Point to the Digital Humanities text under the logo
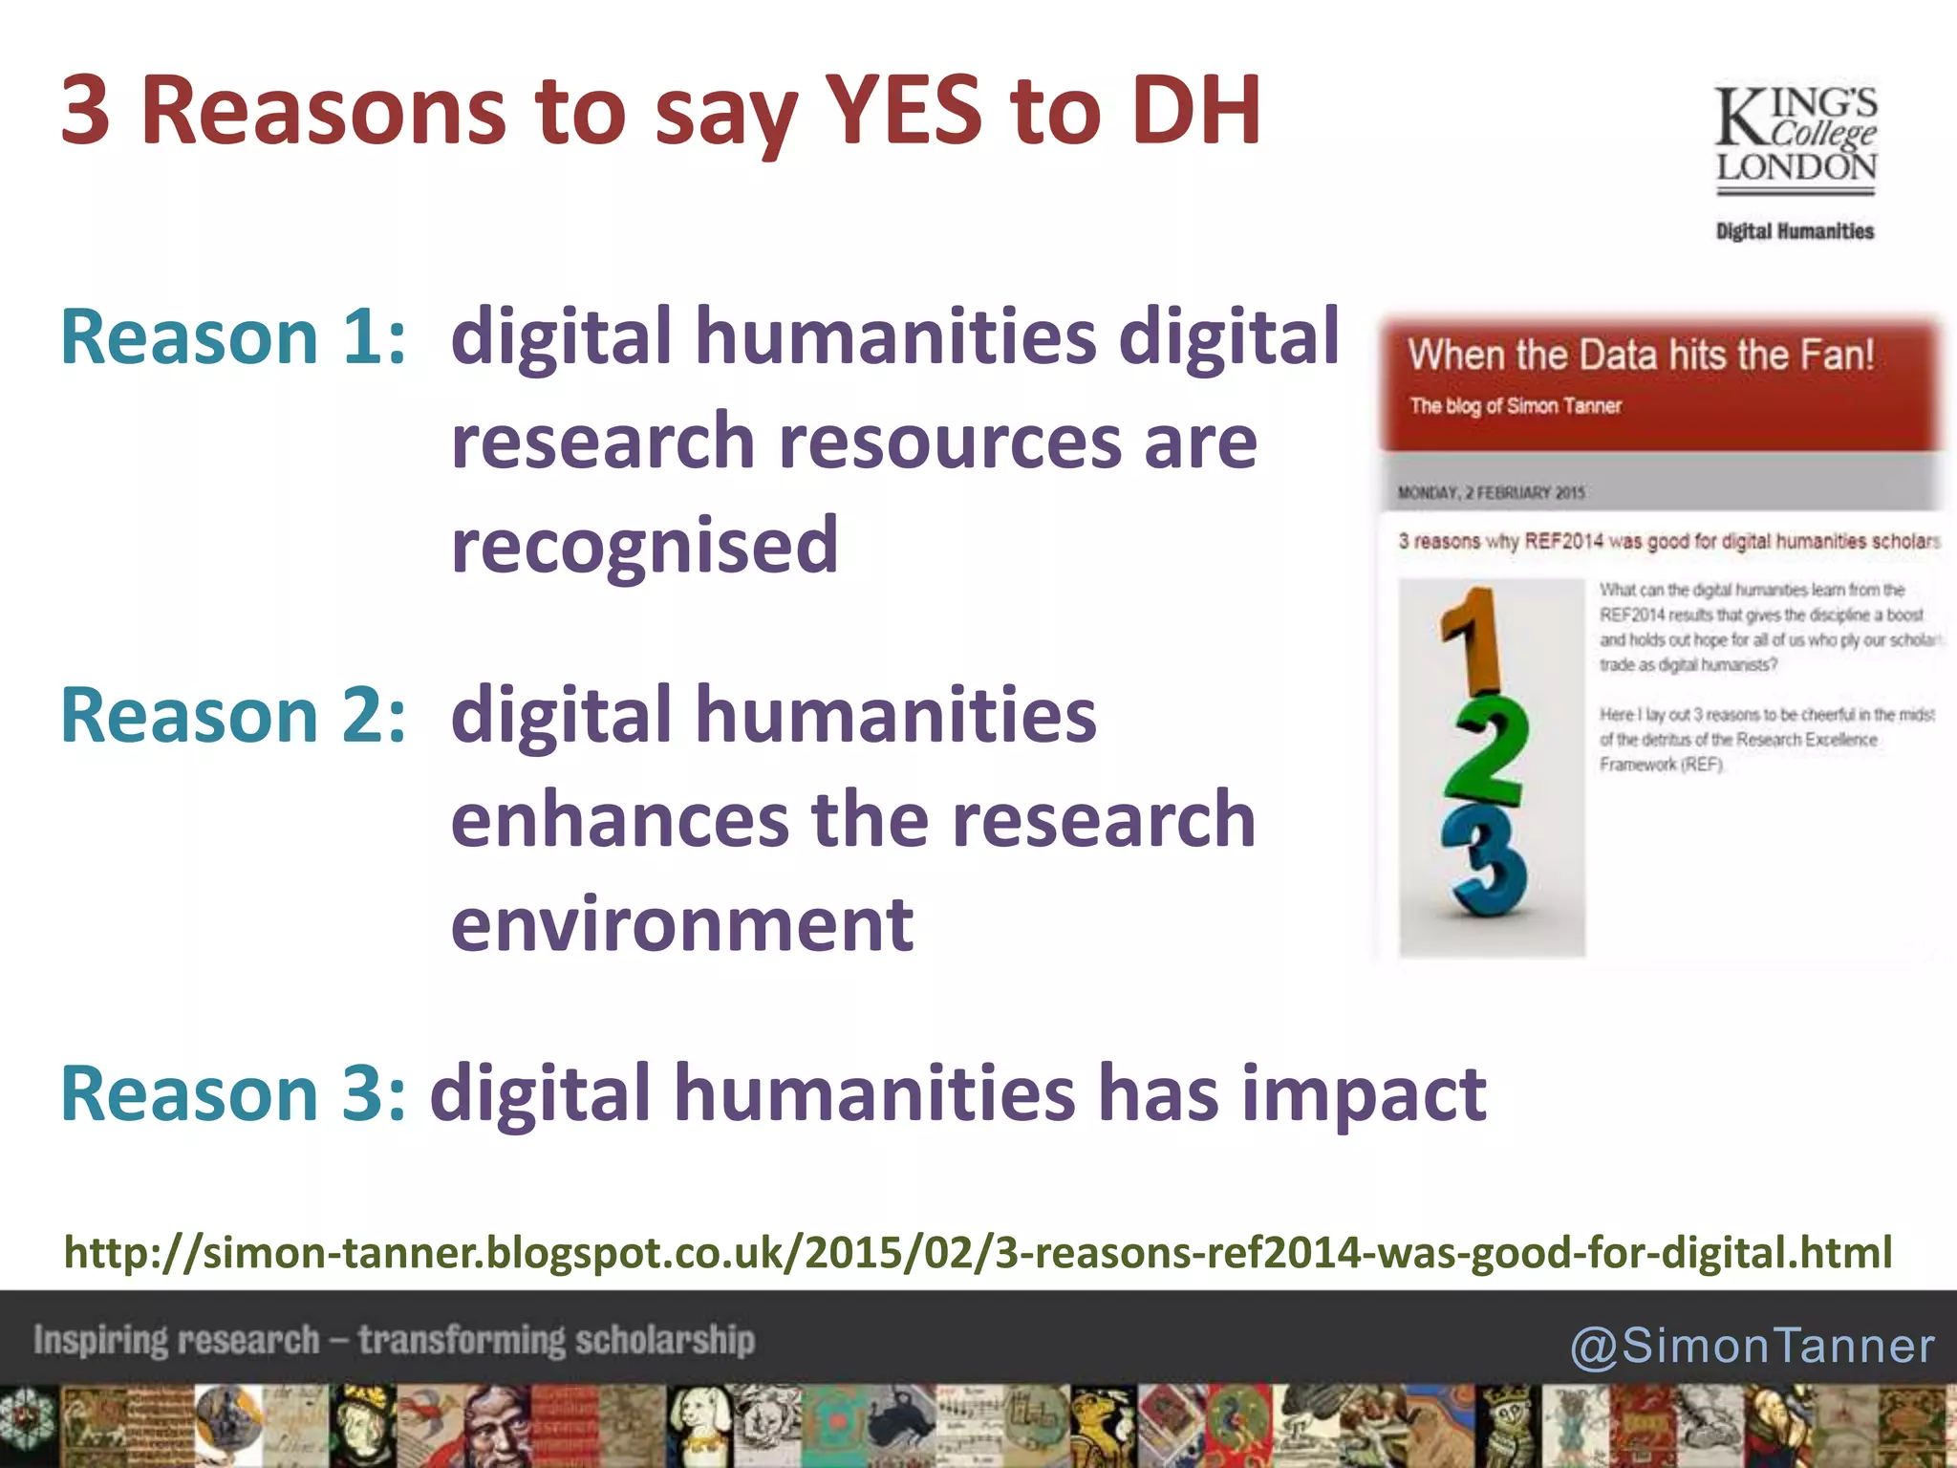(1795, 231)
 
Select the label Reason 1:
(233, 336)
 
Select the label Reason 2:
(233, 715)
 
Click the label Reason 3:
(233, 1093)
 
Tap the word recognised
(645, 545)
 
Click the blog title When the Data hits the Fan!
(1641, 355)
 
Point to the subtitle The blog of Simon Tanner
(1516, 406)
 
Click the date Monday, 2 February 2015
(1491, 493)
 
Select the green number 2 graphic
(1489, 751)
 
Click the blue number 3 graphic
(1487, 860)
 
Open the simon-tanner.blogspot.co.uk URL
(978, 1252)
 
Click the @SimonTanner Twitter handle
(1753, 1346)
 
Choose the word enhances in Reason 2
(619, 820)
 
